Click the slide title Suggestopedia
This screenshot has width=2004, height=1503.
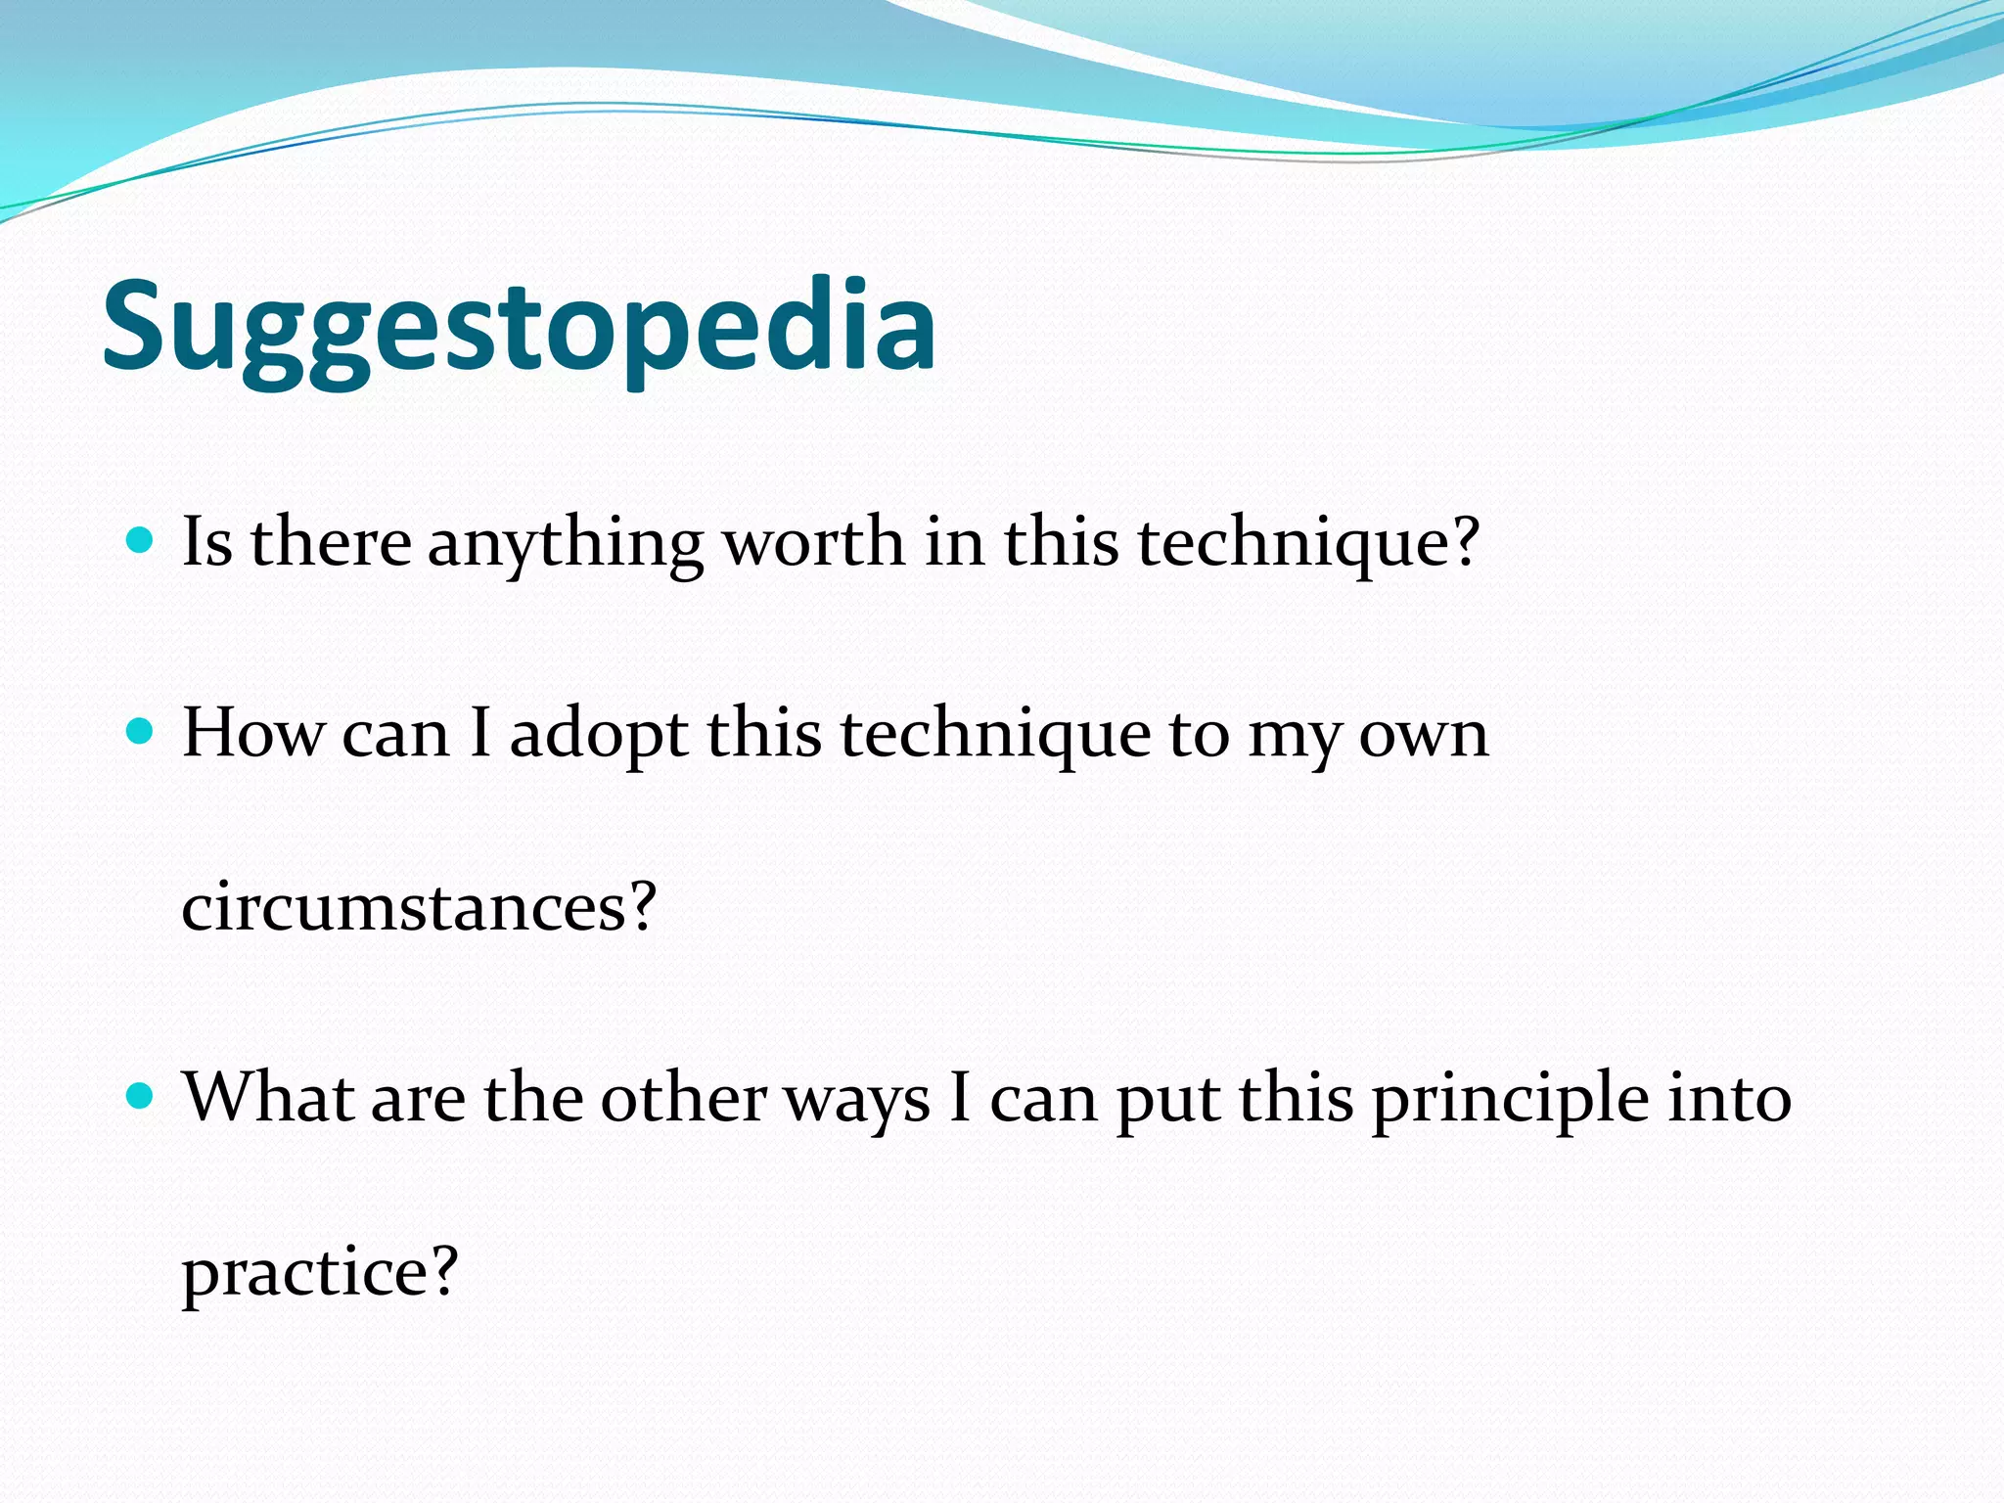[519, 328]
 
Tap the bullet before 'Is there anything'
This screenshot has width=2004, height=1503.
[141, 540]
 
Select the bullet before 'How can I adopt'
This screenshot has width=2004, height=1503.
[141, 731]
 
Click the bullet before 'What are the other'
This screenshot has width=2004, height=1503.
[141, 1095]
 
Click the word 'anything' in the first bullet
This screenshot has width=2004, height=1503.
[565, 544]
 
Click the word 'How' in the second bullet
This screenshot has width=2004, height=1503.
[252, 733]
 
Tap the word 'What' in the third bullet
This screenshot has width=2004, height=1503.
[268, 1097]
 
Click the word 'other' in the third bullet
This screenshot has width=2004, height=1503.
[682, 1098]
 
